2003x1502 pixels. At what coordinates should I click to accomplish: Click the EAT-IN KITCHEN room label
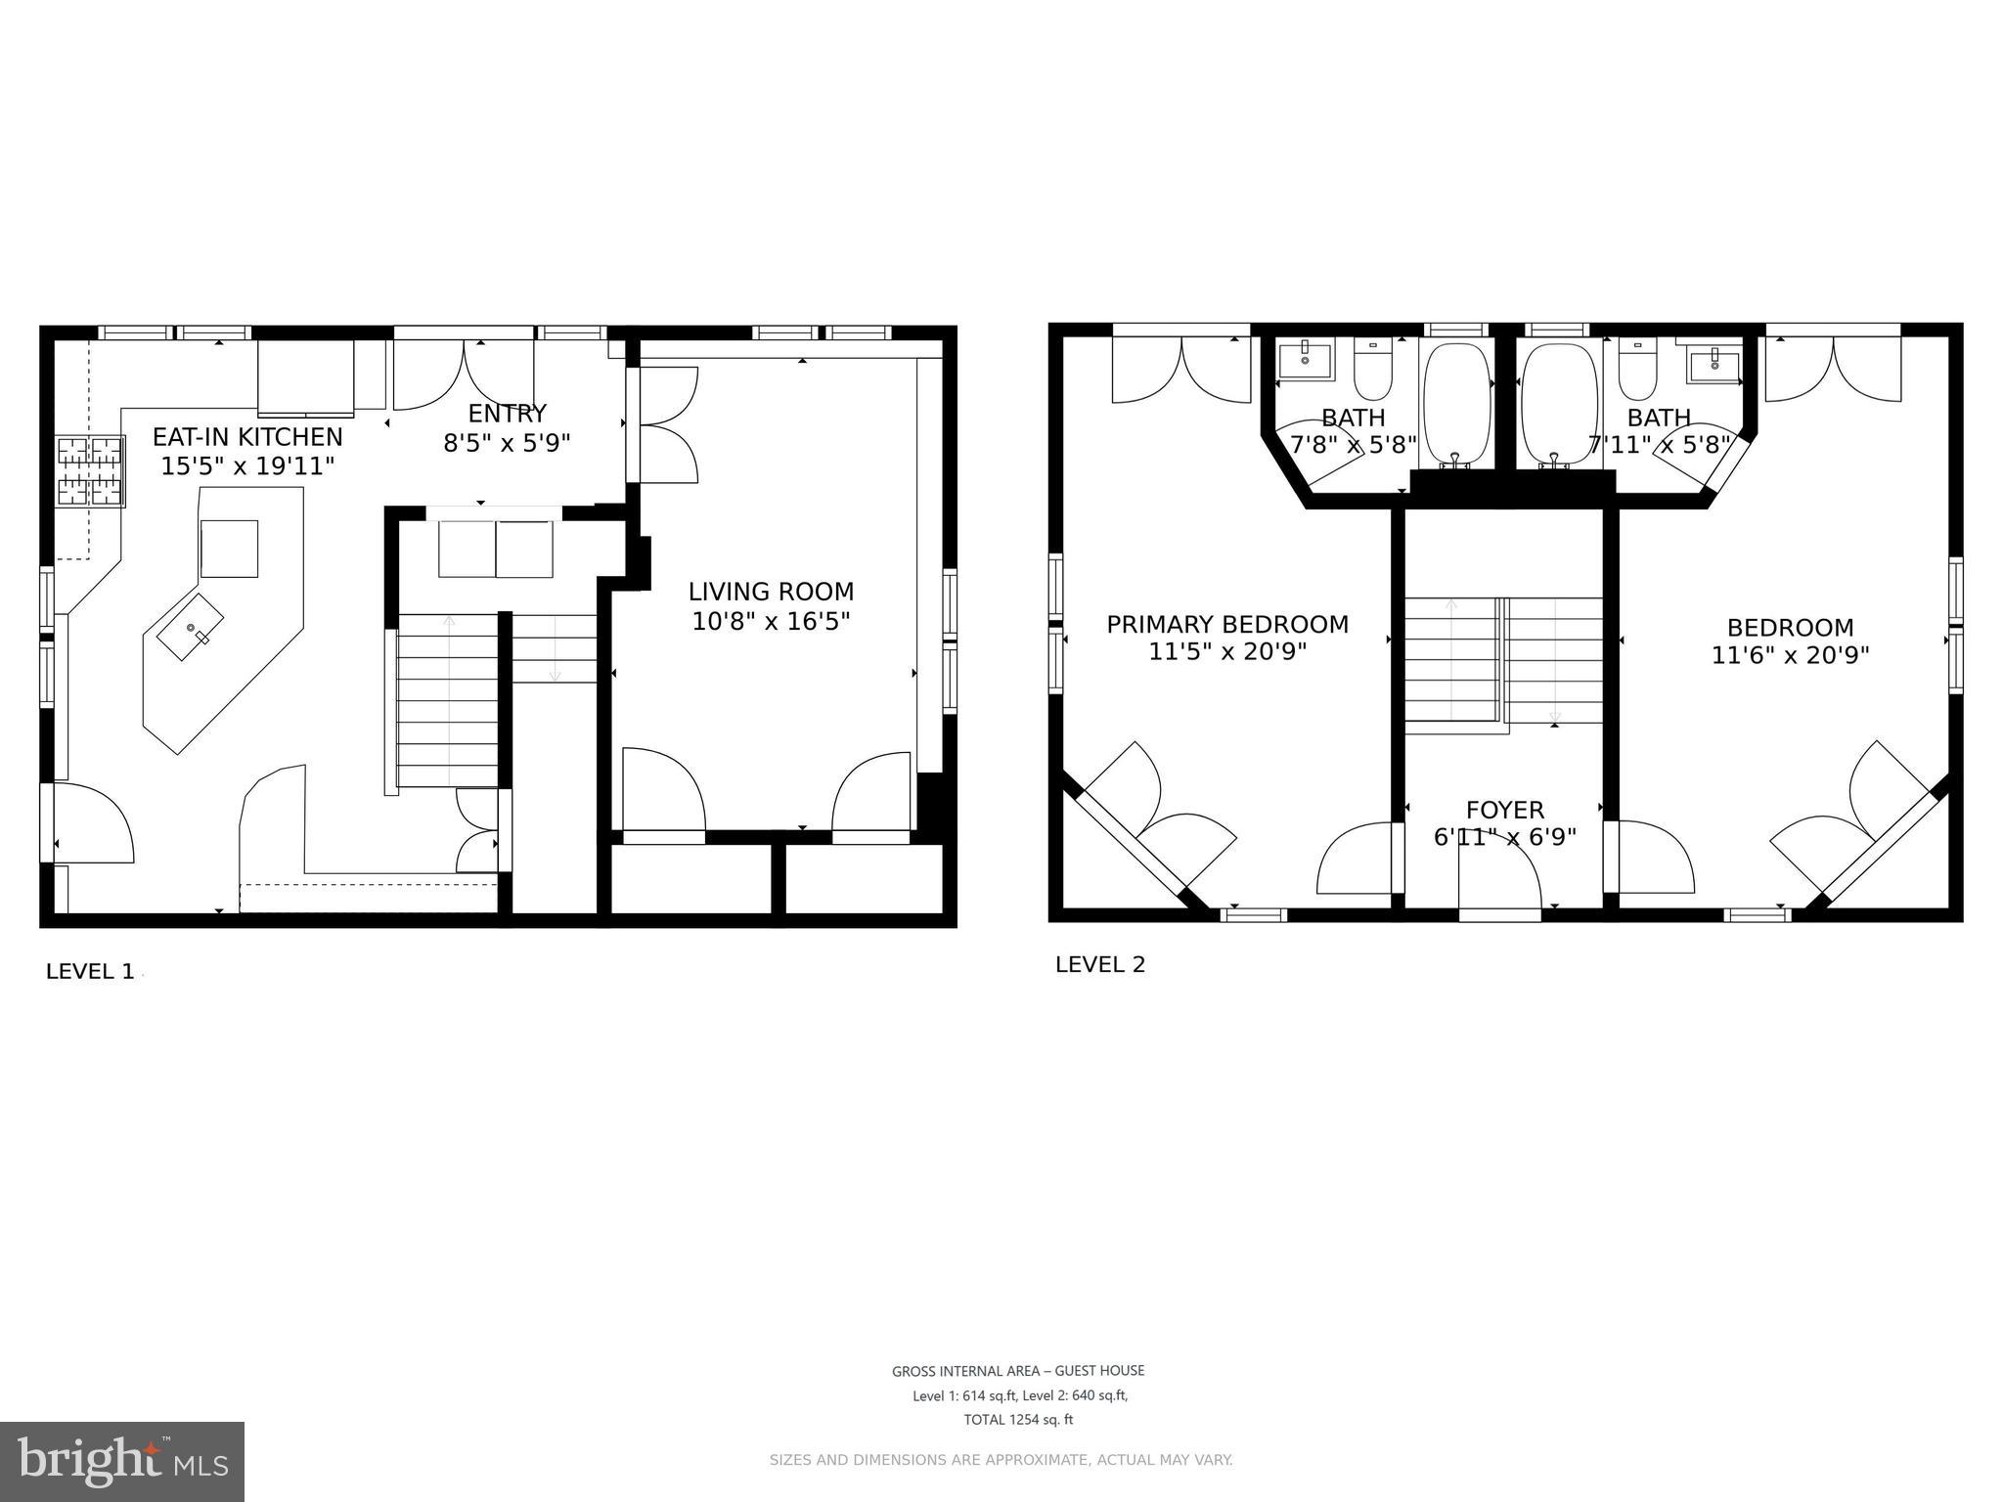point(247,437)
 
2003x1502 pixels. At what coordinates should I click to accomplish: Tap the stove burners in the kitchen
point(90,471)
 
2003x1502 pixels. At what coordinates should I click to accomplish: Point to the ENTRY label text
point(507,413)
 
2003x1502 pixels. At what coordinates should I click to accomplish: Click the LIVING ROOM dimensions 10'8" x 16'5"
point(771,621)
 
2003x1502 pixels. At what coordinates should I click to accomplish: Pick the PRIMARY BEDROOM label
point(1227,624)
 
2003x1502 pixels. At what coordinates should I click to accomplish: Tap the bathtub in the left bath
point(1455,403)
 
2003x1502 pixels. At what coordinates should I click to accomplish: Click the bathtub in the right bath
point(1559,403)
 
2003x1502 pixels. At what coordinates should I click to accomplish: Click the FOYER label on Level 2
point(1504,810)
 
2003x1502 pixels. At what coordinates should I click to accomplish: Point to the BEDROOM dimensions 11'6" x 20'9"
point(1790,655)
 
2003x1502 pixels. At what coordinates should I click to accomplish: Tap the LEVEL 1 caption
point(90,971)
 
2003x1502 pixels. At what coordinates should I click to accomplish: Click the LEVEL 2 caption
point(1099,964)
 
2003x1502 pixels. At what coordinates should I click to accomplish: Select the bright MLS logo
point(122,1461)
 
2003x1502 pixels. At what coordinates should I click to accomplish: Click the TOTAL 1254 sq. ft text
point(1018,1420)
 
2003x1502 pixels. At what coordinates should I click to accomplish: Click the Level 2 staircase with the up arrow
point(1451,660)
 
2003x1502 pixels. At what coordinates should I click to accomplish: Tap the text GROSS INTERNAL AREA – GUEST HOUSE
point(1018,1371)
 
